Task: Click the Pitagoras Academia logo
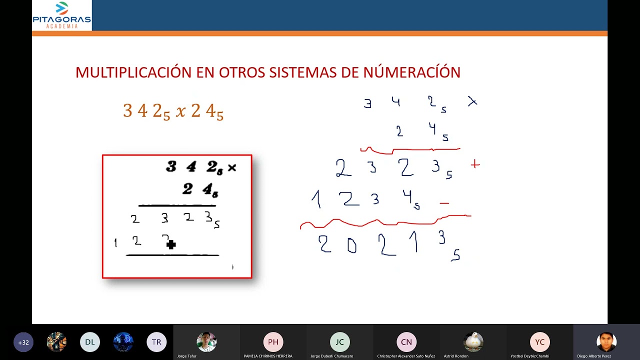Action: (x=61, y=15)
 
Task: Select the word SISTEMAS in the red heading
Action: (x=303, y=72)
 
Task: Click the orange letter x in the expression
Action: (x=180, y=111)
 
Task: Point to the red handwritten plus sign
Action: (x=475, y=164)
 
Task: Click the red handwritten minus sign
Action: (x=444, y=203)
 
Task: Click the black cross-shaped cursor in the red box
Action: (x=171, y=244)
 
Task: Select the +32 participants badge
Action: (x=23, y=342)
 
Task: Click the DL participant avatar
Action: (x=90, y=342)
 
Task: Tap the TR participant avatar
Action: (x=156, y=342)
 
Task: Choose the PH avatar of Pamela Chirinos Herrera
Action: (x=273, y=342)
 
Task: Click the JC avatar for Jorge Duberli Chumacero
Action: (x=339, y=342)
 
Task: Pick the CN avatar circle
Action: (x=406, y=342)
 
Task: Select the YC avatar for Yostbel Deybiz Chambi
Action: (x=539, y=342)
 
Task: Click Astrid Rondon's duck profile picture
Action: (x=473, y=342)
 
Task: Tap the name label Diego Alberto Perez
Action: (x=594, y=356)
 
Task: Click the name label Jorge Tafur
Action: (x=186, y=356)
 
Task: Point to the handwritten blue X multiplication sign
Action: (x=472, y=102)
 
